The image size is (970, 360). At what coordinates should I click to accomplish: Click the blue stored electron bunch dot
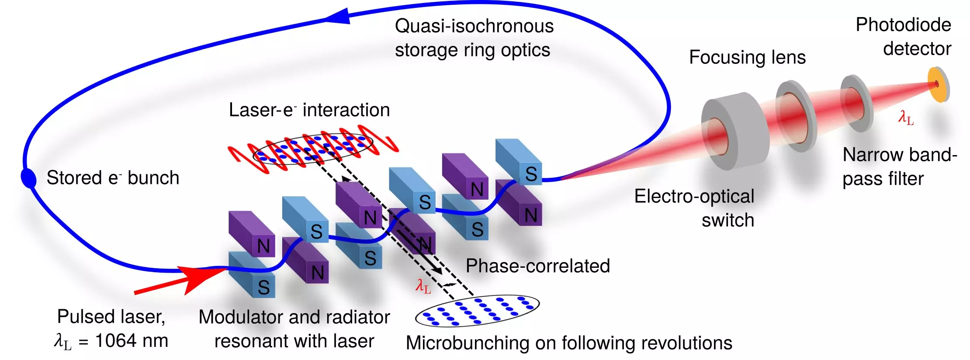coord(29,178)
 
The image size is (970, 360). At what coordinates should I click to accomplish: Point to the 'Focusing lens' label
coord(747,58)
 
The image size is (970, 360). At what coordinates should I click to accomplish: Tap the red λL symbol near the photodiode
coord(905,118)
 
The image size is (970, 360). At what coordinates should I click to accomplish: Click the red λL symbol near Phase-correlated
coord(423,286)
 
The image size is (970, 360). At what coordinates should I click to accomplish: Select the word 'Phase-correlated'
coord(537,266)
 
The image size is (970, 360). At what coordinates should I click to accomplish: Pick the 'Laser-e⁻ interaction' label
coord(309,110)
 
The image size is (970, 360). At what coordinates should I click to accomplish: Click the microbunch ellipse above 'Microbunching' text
coord(477,311)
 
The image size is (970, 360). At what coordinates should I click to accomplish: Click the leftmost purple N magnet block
coord(252,234)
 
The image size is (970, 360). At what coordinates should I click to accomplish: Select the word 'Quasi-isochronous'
coord(474,26)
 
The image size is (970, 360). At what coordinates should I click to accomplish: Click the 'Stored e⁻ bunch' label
coord(113,178)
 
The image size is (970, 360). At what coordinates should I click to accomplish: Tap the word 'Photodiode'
coord(903,25)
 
